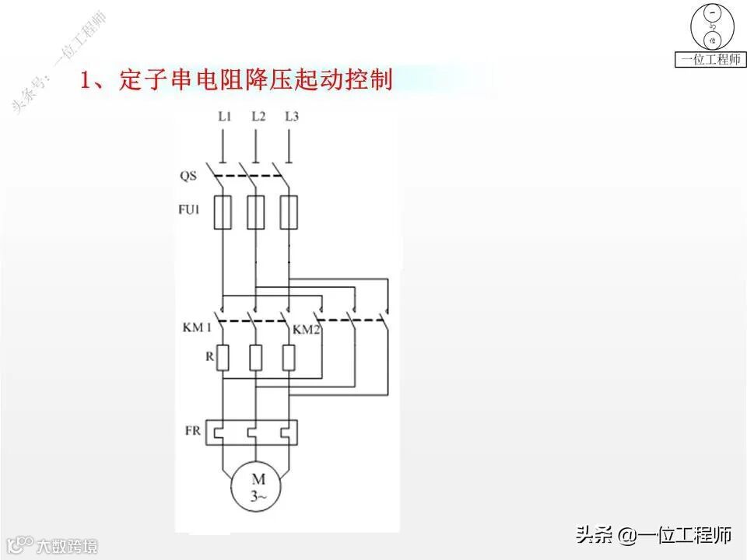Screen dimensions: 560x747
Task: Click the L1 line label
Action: point(225,117)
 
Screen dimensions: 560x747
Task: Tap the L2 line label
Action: point(258,117)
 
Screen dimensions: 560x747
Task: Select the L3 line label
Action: point(292,117)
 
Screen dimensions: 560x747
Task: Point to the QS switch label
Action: point(188,176)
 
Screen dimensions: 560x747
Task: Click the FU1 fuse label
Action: point(191,208)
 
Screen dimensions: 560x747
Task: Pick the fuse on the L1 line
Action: point(223,212)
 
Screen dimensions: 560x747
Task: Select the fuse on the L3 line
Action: point(289,212)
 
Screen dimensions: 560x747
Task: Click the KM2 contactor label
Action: point(307,330)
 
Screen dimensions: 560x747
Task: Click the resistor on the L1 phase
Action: point(223,357)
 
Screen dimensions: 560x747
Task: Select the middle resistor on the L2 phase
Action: point(255,357)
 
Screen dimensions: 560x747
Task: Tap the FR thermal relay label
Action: point(194,429)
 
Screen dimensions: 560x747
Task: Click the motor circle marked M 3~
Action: point(258,488)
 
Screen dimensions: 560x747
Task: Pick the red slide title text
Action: point(237,80)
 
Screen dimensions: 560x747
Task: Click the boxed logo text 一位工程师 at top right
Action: point(709,59)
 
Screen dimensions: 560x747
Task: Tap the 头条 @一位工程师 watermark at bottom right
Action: point(654,534)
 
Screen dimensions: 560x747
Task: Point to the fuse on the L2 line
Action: point(255,212)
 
